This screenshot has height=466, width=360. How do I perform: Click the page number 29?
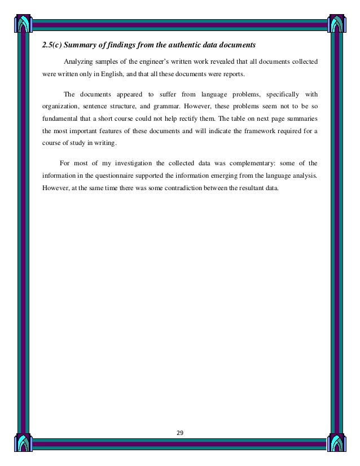click(x=180, y=433)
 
